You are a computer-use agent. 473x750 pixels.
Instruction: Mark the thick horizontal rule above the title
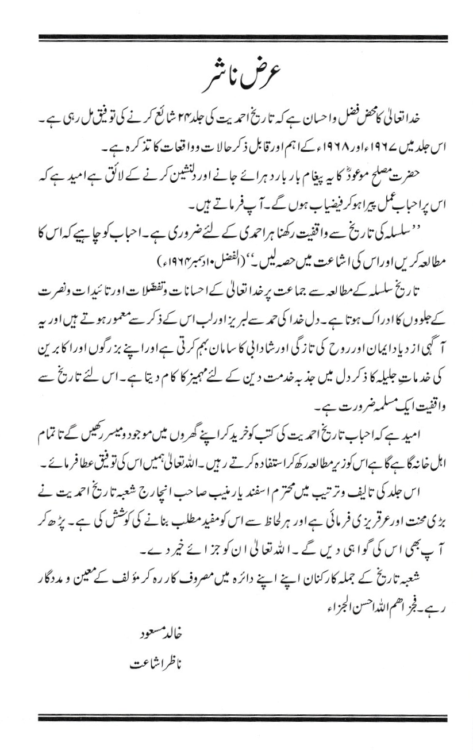(242, 38)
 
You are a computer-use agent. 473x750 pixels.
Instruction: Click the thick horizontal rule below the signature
(242, 719)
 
